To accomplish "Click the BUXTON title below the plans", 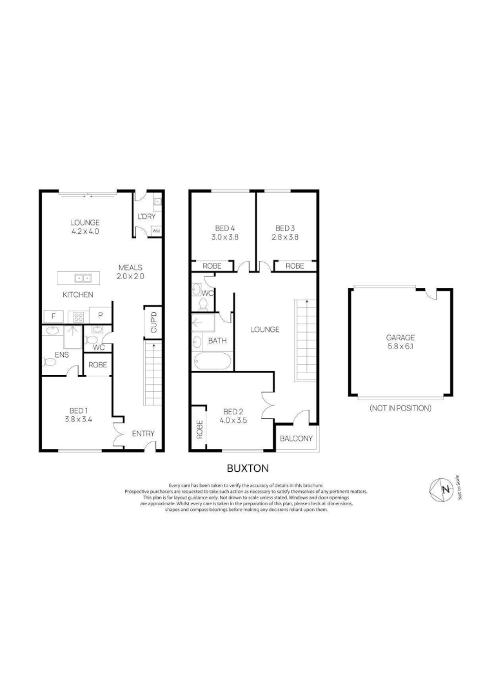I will coord(247,469).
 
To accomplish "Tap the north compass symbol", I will coord(444,490).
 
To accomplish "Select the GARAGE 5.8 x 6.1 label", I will coord(400,342).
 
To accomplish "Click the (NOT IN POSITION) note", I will coord(400,409).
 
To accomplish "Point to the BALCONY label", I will coord(297,439).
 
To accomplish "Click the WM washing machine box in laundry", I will coord(156,230).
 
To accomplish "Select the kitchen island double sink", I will coord(82,278).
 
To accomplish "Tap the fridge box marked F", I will coord(52,316).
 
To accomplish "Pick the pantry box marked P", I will coord(100,316).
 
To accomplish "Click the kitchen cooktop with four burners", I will coord(77,316).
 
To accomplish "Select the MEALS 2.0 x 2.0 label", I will coord(130,271).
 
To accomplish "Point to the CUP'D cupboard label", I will coord(153,322).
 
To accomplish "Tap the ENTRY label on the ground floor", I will coord(143,434).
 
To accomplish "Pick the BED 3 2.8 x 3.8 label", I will coord(285,232).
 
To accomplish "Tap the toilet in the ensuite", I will coord(49,363).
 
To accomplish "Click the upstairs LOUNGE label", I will coord(265,329).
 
